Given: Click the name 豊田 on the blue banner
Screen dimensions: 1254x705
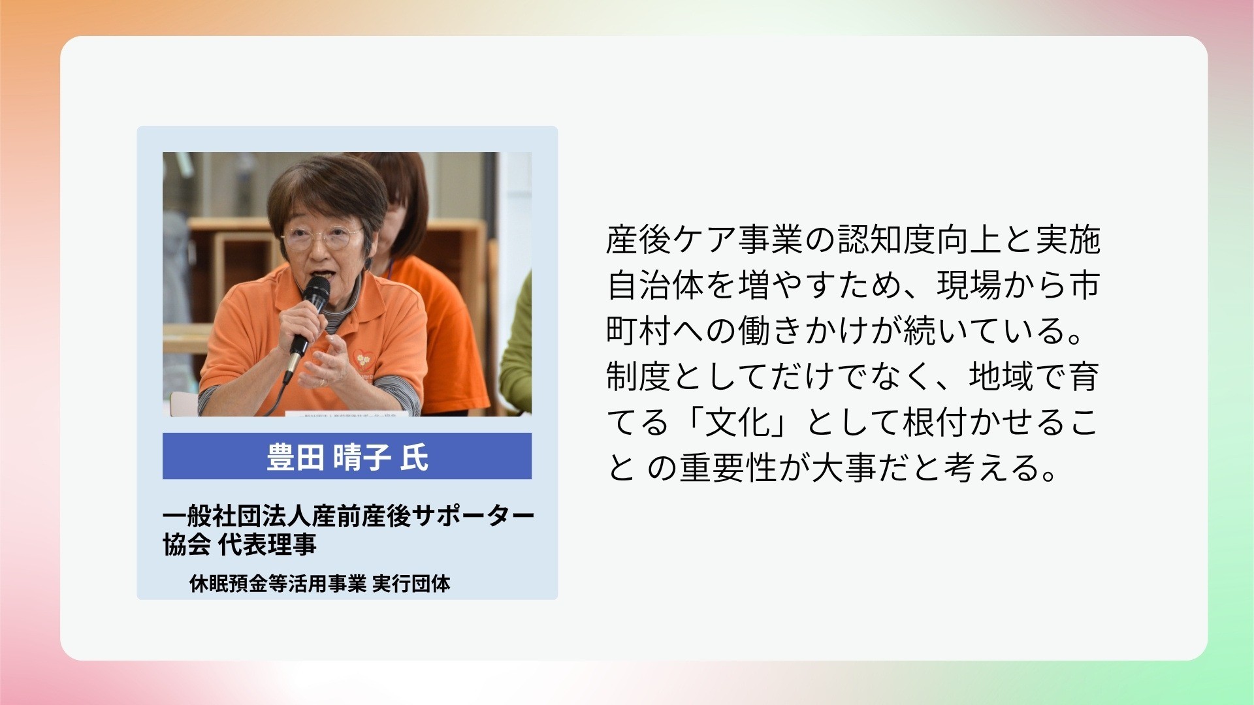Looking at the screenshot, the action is (x=295, y=457).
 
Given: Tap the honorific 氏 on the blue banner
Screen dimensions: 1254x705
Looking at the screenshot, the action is (x=415, y=457).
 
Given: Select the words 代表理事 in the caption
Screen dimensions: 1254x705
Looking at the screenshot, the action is (x=267, y=544).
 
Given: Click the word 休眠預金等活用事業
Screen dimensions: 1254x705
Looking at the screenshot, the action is (x=278, y=583).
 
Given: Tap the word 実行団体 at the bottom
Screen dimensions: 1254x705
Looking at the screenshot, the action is (x=411, y=583).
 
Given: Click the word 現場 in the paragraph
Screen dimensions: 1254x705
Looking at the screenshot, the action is (x=969, y=285).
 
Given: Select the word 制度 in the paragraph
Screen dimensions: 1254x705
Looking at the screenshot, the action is (x=639, y=377).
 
